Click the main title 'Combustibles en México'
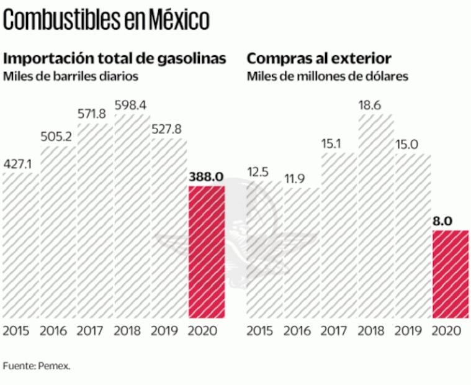(x=106, y=20)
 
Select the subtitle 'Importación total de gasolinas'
(x=115, y=59)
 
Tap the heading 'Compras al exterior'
(x=319, y=59)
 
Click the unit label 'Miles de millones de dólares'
(x=328, y=76)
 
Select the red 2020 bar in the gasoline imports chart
(x=205, y=251)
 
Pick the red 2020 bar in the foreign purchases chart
(x=450, y=274)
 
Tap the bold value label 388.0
(x=205, y=176)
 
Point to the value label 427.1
(x=18, y=164)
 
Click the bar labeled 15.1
(x=338, y=236)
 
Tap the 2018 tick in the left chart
(x=130, y=330)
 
